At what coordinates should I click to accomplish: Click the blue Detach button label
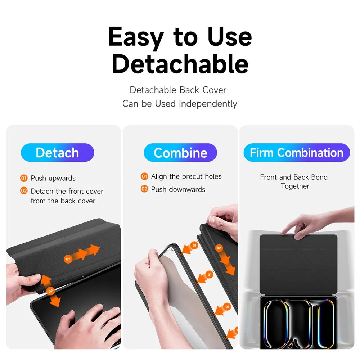pyautogui.click(x=57, y=152)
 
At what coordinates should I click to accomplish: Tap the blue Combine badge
pyautogui.click(x=180, y=152)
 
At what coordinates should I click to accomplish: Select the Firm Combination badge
pyautogui.click(x=297, y=152)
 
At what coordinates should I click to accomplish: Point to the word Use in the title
pyautogui.click(x=230, y=37)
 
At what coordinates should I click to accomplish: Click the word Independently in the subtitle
pyautogui.click(x=208, y=104)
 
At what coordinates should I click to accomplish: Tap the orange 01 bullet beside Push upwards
pyautogui.click(x=24, y=178)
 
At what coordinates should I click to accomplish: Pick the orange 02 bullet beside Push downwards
pyautogui.click(x=144, y=189)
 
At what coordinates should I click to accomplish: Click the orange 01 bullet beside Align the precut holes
pyautogui.click(x=144, y=176)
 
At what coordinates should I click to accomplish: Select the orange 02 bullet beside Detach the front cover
pyautogui.click(x=24, y=191)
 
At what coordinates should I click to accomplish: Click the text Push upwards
pyautogui.click(x=53, y=179)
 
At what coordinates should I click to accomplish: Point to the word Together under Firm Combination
pyautogui.click(x=295, y=186)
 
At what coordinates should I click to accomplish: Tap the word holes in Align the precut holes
pyautogui.click(x=213, y=176)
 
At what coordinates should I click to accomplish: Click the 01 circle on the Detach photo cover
pyautogui.click(x=68, y=259)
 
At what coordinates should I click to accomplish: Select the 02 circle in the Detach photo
pyautogui.click(x=50, y=291)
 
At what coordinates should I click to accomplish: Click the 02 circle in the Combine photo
pyautogui.click(x=219, y=248)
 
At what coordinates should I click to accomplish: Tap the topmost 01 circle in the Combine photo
pyautogui.click(x=194, y=246)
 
